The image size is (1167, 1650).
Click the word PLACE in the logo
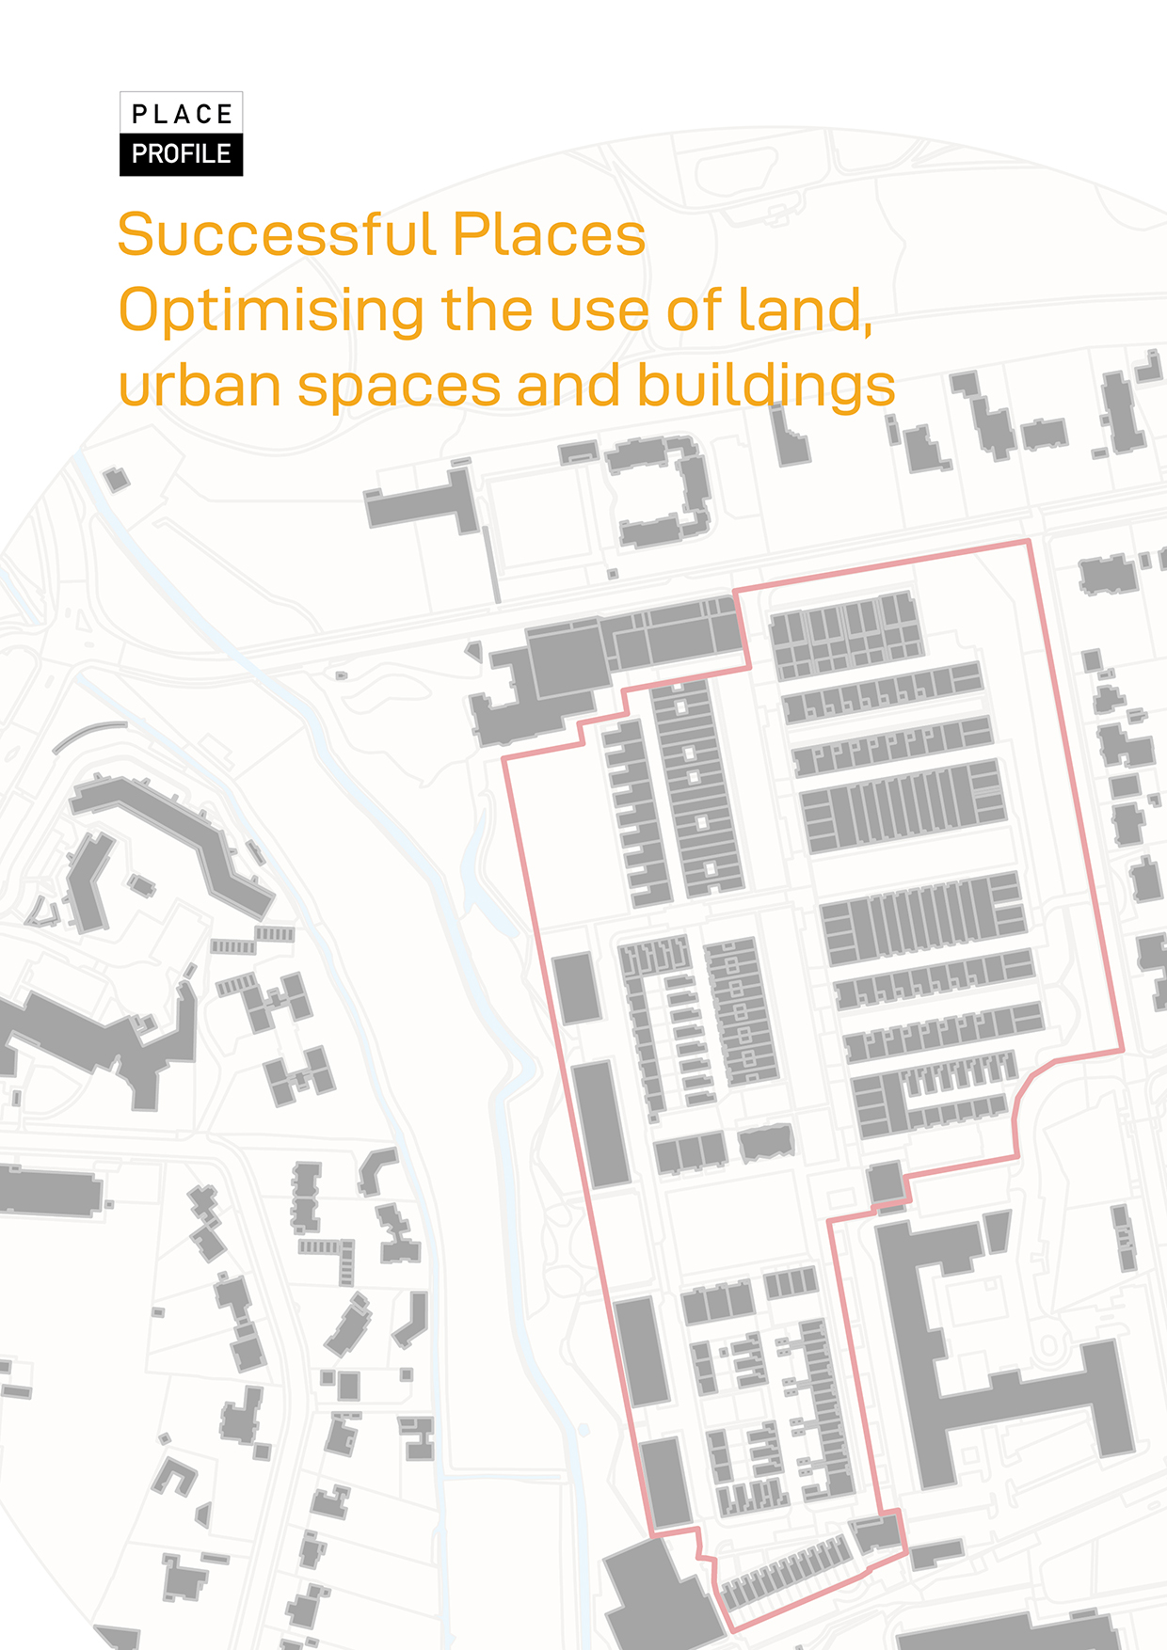pos(182,114)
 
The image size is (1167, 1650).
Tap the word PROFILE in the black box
pos(182,153)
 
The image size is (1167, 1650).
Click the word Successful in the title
pos(276,234)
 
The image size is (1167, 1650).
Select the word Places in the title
pos(549,234)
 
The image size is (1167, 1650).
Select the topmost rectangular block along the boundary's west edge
pos(576,988)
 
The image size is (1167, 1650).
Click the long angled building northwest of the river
pos(174,828)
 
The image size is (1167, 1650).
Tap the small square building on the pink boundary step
pos(885,1182)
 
